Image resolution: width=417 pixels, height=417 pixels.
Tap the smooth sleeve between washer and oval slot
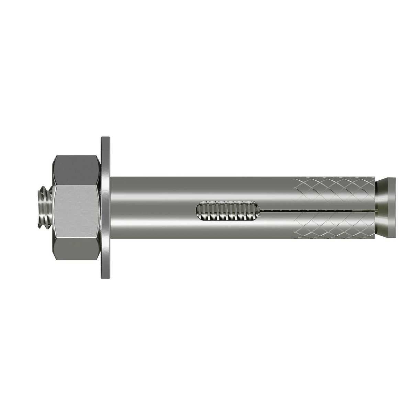point(151,208)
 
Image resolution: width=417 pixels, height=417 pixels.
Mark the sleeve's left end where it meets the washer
point(112,208)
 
